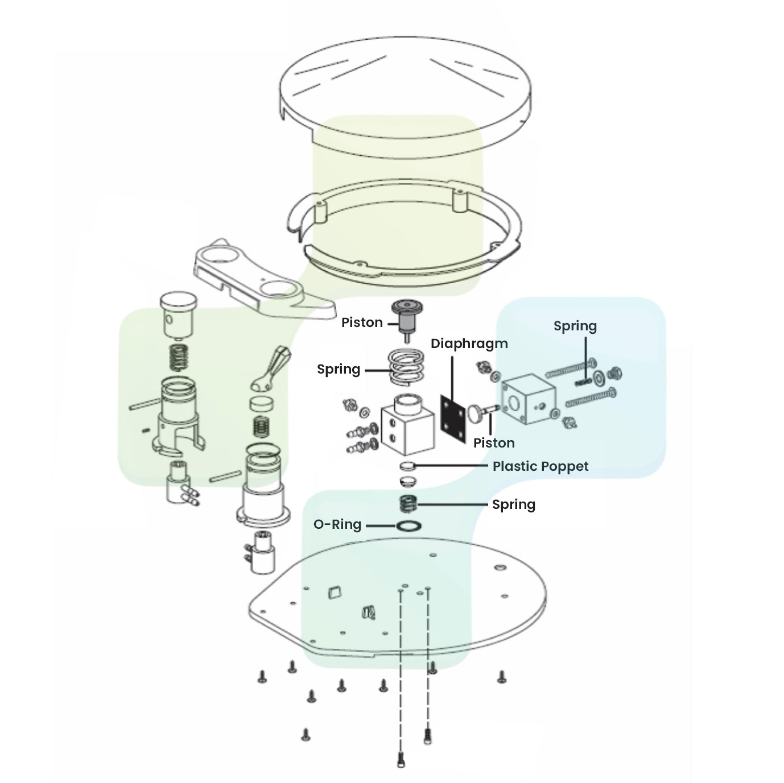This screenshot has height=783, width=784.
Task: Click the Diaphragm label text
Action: (x=469, y=343)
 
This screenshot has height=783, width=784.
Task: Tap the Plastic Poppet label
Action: (x=540, y=466)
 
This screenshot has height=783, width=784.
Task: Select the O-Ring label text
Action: (x=337, y=524)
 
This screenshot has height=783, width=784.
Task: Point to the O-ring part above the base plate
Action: (x=408, y=525)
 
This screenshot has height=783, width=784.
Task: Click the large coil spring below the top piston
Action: (x=406, y=366)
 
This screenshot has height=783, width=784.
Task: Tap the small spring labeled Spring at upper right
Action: (x=583, y=382)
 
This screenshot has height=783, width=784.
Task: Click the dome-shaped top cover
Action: (x=405, y=85)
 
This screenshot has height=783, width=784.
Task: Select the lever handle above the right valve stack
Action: (x=271, y=369)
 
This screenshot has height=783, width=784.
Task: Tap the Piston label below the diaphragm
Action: (x=494, y=443)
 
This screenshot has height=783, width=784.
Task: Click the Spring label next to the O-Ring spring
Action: (x=513, y=504)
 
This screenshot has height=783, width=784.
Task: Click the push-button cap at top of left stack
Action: (x=178, y=316)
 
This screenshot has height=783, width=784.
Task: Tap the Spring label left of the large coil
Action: (x=339, y=369)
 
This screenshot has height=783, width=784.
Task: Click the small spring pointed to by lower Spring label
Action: (x=408, y=503)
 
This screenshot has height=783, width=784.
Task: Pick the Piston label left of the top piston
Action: (x=362, y=322)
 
